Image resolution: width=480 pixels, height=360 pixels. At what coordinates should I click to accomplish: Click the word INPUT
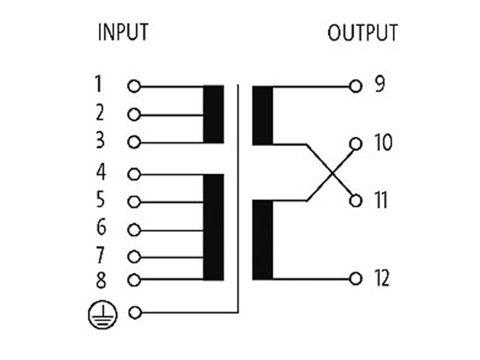pos(123,32)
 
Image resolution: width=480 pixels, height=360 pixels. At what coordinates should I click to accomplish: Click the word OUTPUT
pos(363,33)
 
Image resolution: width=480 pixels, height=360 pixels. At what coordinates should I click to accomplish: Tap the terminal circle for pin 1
pos(134,87)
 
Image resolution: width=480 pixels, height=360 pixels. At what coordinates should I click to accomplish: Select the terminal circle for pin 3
pos(134,143)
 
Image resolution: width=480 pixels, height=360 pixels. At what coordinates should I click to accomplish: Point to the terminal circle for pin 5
pos(134,202)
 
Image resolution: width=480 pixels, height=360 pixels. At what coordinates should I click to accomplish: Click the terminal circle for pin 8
pos(134,280)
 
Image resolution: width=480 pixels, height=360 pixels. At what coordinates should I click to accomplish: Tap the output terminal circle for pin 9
pos(355,87)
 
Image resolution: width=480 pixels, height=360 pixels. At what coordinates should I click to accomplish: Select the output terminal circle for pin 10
pos(355,144)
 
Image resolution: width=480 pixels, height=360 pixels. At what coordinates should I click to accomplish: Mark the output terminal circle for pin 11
pos(355,201)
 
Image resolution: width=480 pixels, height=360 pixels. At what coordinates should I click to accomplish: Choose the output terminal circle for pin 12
pos(355,278)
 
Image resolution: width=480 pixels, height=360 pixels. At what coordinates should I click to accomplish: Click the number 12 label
pos(382,278)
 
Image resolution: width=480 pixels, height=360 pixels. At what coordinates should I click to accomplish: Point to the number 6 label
pos(101,228)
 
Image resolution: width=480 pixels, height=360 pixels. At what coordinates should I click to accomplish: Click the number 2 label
pos(100,112)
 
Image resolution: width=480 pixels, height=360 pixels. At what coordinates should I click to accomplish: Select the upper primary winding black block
pos(214,115)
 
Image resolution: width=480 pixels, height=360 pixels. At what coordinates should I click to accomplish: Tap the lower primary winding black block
pos(214,227)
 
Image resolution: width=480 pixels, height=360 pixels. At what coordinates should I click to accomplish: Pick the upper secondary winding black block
pos(263,116)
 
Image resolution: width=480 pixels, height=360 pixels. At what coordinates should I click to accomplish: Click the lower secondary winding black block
pos(263,239)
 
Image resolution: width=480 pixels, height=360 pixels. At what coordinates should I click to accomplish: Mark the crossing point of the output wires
pos(331,172)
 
